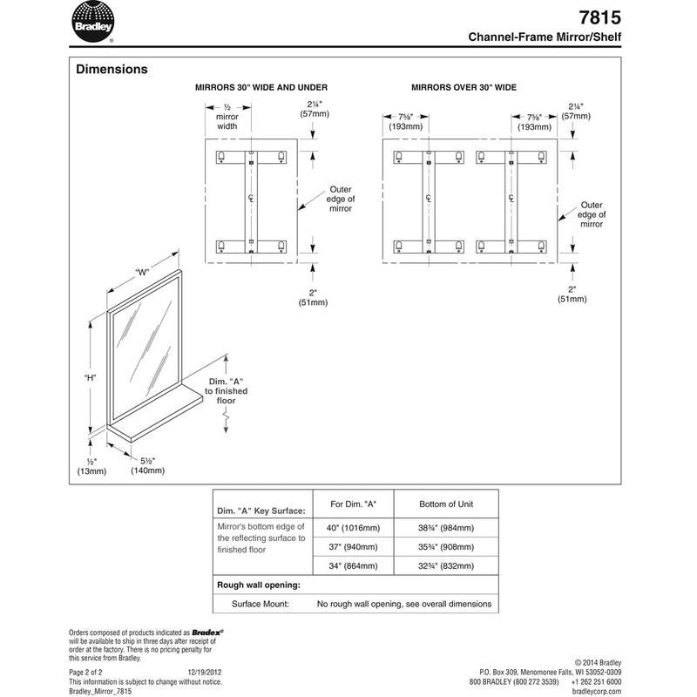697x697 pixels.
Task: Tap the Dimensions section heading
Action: click(112, 69)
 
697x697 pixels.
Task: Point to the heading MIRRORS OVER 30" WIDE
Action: click(464, 88)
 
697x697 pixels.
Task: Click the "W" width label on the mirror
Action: click(142, 272)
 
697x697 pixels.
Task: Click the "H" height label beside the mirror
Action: click(90, 378)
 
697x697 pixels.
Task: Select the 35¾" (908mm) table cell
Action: click(445, 548)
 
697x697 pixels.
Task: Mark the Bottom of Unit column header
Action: click(445, 504)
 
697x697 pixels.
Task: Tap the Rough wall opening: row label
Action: click(258, 585)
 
